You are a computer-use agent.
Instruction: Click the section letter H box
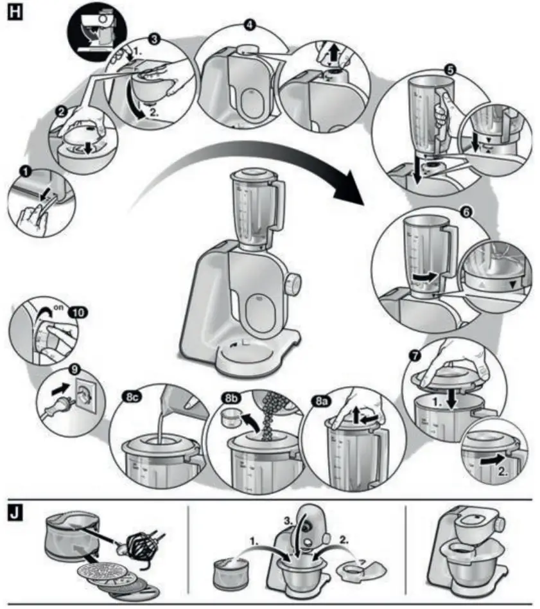13,12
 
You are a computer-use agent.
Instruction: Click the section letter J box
13,515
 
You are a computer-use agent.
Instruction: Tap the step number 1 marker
25,172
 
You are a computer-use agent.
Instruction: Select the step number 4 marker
250,25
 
